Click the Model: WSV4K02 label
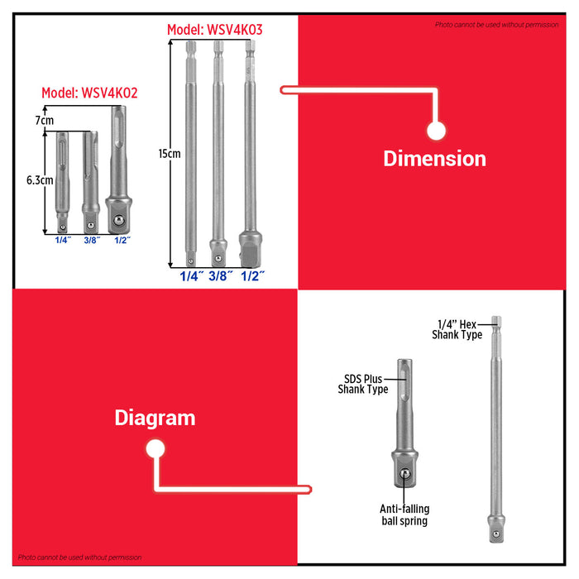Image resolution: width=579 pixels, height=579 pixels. (89, 93)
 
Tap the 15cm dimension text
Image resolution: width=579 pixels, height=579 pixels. (169, 154)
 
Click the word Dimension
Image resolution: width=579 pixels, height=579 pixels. (434, 158)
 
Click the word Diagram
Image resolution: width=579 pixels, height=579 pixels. (155, 418)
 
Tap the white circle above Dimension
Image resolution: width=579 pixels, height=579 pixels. (436, 130)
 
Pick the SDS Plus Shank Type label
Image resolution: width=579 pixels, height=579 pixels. (363, 385)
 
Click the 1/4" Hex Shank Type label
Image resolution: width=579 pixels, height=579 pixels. (457, 329)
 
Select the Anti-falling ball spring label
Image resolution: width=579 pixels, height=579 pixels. (404, 515)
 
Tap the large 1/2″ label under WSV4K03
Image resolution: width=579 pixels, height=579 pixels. (252, 277)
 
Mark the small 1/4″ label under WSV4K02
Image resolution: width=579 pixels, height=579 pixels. (63, 240)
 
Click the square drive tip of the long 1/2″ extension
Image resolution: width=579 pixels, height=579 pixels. (250, 246)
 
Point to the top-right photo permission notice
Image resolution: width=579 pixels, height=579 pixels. (496, 25)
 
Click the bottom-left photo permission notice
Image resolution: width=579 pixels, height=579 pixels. (80, 557)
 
